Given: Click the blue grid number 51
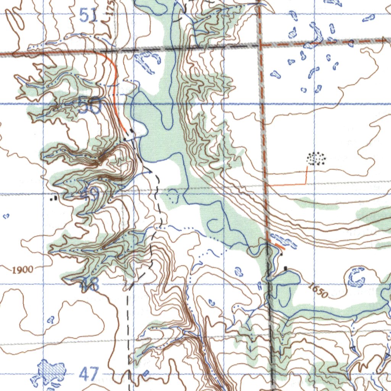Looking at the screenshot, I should [89, 16].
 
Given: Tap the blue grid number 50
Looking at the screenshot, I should [89, 107].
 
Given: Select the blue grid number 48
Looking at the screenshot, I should [89, 285].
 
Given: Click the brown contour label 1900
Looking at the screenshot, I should [22, 270].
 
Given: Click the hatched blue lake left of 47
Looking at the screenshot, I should [50, 372].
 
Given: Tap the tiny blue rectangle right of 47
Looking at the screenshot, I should [145, 372].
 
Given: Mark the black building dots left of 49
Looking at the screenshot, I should [55, 198].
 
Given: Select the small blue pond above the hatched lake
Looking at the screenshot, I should [50, 320].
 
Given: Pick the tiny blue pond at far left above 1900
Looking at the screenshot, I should [6, 217].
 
